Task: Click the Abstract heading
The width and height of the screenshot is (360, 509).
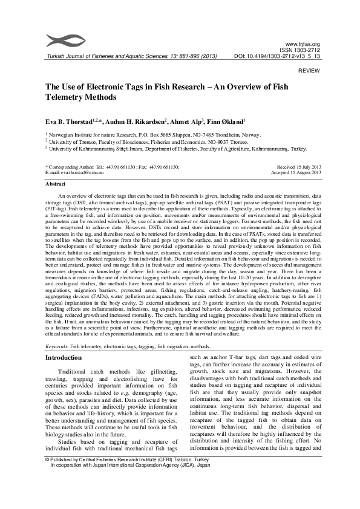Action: pyautogui.click(x=56, y=183)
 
